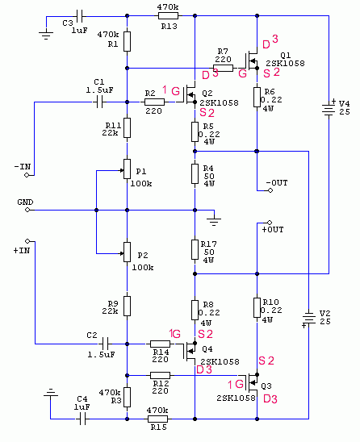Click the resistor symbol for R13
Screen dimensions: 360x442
point(168,16)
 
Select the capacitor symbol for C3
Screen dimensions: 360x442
point(79,16)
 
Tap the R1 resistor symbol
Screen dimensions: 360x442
point(127,41)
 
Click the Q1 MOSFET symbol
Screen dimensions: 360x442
point(251,60)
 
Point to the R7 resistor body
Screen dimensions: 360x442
point(223,68)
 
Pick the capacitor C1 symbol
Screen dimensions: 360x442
point(99,102)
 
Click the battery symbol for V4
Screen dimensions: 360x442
point(329,109)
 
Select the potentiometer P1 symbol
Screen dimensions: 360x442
point(127,169)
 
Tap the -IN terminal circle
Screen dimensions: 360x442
point(27,175)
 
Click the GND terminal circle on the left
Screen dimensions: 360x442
point(27,210)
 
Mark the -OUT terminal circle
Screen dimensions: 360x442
point(270,190)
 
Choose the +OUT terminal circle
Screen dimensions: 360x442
point(270,223)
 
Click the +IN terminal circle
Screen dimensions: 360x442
point(27,241)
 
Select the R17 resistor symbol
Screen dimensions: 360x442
point(195,249)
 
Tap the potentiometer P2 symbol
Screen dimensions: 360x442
point(127,252)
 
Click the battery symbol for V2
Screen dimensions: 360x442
point(308,318)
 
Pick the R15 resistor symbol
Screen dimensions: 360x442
point(158,419)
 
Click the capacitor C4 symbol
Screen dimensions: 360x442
point(82,419)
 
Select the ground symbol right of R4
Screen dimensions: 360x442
point(214,221)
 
